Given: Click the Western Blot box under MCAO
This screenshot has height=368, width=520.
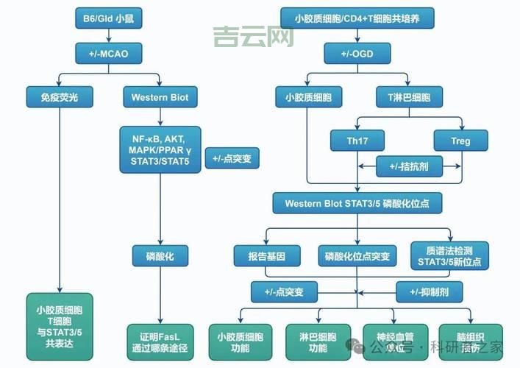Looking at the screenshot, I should (x=160, y=96).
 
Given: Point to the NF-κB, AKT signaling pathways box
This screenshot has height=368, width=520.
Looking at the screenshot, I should (x=160, y=150).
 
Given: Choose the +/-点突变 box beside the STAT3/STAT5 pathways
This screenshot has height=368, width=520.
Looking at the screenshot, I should (x=232, y=158).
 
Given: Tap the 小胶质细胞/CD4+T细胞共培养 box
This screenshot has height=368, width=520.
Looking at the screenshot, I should (x=357, y=17).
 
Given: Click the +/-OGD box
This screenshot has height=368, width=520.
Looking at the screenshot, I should (x=357, y=53).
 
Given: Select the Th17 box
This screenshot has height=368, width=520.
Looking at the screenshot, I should (x=357, y=140).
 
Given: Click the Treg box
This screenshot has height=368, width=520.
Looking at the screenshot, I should (x=460, y=140).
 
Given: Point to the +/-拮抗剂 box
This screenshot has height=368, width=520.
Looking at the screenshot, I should (x=409, y=167).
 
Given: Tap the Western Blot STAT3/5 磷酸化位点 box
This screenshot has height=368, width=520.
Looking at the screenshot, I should (x=357, y=202).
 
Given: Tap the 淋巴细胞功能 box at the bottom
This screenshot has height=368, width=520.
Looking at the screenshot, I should (x=318, y=342).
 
